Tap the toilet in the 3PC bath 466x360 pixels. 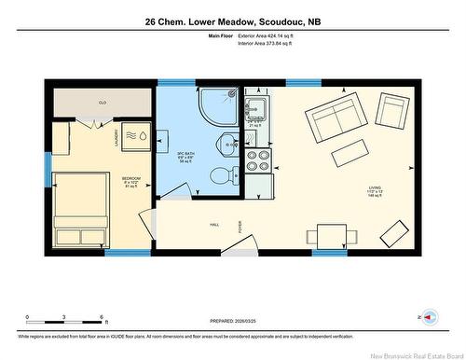pos(218,174)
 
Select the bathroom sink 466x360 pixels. pos(227,143)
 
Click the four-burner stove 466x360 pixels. pos(256,161)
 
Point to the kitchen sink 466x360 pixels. pos(256,108)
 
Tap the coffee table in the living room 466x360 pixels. pos(349,150)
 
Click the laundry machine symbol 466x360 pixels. pos(135,136)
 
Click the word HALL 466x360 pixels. pos(213,224)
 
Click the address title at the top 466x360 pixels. pos(232,21)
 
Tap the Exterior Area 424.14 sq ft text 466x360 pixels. pos(275,35)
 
